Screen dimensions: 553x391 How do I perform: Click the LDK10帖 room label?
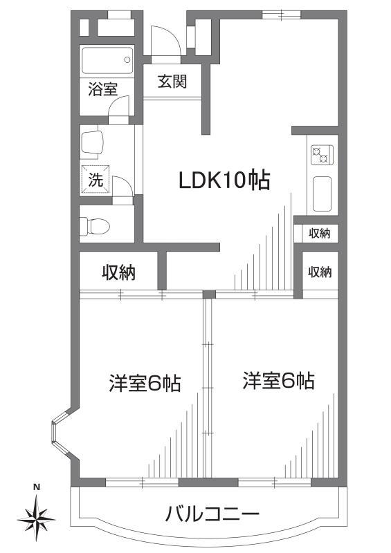tap(224, 180)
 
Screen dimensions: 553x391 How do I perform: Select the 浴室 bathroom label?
tap(102, 88)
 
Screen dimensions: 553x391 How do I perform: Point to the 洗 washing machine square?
tap(96, 180)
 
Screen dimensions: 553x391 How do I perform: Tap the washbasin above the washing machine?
tap(92, 143)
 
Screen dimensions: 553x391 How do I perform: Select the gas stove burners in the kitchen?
tap(321, 155)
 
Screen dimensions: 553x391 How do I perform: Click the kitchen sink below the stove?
tap(322, 194)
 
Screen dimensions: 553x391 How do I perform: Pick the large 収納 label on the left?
tap(119, 272)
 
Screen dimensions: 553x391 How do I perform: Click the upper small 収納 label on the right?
tap(320, 234)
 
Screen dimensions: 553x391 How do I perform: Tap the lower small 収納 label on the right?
tap(320, 272)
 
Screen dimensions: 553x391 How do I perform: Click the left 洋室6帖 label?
tap(144, 382)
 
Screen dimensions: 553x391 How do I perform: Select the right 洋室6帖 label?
tap(278, 380)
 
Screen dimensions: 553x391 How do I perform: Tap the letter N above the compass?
tap(37, 487)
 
